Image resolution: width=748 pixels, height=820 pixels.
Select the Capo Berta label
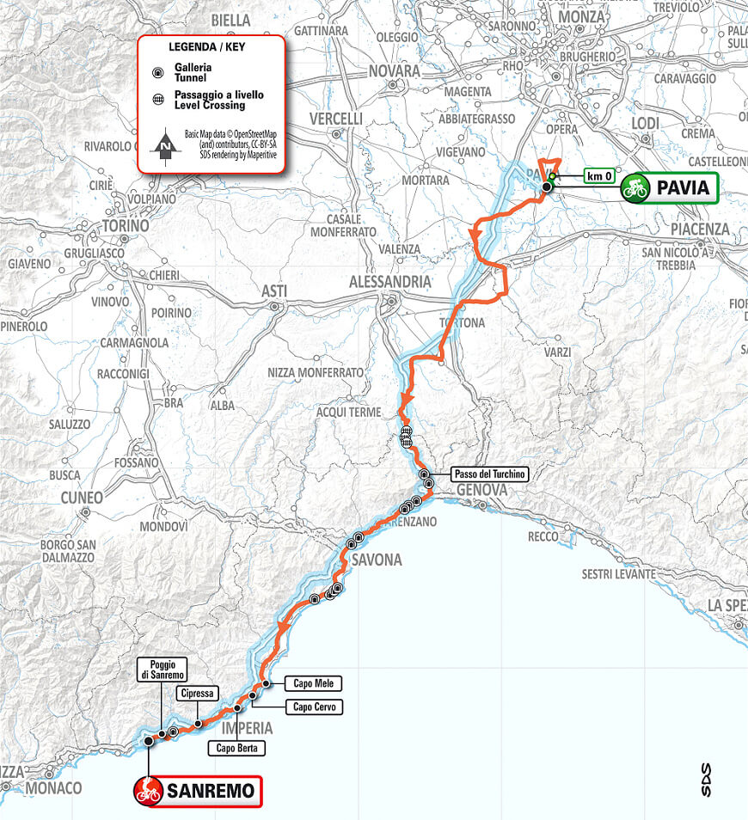(236, 749)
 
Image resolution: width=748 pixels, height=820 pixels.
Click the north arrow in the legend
(165, 147)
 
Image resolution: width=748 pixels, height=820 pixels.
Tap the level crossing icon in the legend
(156, 100)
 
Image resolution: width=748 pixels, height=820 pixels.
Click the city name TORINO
(125, 226)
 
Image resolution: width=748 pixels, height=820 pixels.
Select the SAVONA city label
(376, 560)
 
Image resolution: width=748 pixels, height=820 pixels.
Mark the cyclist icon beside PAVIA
(635, 187)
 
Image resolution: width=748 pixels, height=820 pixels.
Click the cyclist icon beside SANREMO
(149, 792)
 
